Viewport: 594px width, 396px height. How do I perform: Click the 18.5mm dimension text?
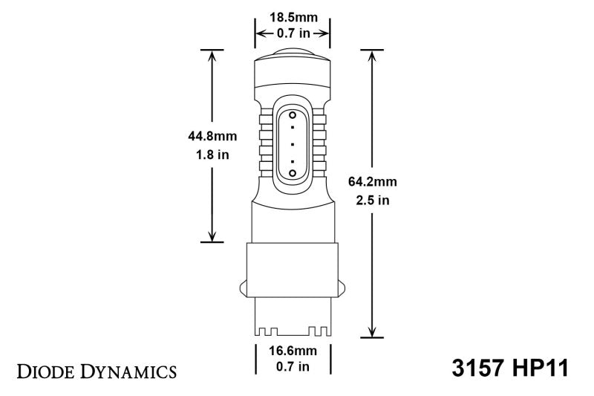[x=293, y=16]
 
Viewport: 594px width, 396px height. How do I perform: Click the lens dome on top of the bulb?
[x=293, y=53]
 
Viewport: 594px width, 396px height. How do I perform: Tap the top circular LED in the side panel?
[x=293, y=117]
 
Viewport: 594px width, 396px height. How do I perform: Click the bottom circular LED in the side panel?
[x=293, y=172]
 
